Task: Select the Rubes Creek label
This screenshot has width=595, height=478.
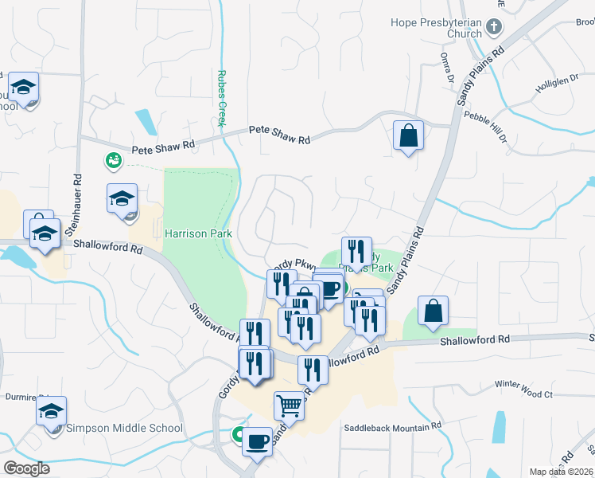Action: coord(222,96)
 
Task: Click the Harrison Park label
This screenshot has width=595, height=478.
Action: coord(198,233)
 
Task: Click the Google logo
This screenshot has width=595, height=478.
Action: coord(26,468)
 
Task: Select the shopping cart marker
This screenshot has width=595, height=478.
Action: coord(289,406)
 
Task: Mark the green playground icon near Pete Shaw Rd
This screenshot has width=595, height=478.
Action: coord(113,160)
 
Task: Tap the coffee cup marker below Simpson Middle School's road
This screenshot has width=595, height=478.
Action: coord(257,441)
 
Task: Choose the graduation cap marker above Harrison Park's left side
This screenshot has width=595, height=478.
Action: coord(122,199)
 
